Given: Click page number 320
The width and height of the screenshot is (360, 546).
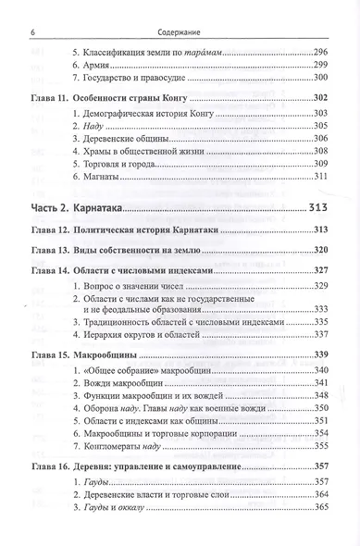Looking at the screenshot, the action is coord(321,250).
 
